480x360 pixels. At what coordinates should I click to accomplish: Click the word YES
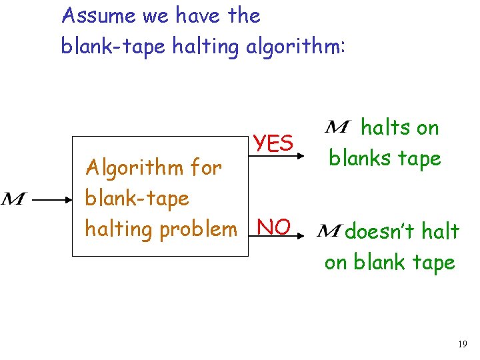[x=273, y=143]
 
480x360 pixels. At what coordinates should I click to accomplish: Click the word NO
[x=273, y=227]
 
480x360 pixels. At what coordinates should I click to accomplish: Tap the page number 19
[x=463, y=344]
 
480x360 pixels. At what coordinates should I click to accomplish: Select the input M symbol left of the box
[x=13, y=199]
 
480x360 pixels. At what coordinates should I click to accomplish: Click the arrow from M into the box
[x=51, y=199]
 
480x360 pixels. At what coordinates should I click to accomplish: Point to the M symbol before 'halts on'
[x=339, y=127]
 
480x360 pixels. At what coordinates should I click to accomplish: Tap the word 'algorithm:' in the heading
[x=295, y=47]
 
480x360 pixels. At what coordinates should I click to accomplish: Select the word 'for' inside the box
[x=206, y=167]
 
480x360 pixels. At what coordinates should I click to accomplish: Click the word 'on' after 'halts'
[x=428, y=127]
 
